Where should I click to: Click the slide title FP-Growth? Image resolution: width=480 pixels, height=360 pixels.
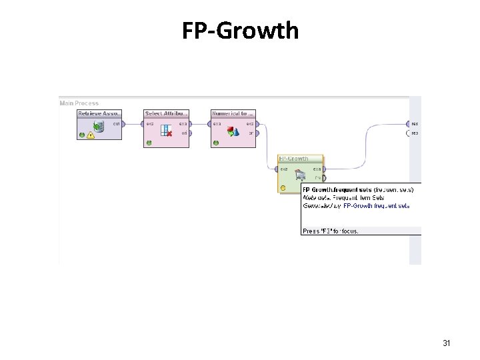(240, 30)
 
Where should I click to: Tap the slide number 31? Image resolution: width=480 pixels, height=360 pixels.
(447, 343)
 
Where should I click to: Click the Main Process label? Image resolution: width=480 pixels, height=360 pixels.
(79, 103)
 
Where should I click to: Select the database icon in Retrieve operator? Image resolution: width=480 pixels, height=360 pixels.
(98, 127)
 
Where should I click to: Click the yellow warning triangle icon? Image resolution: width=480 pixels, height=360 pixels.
(91, 135)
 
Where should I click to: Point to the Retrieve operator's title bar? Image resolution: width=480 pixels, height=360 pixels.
(100, 113)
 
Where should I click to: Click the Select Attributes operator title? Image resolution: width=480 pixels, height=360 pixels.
(167, 113)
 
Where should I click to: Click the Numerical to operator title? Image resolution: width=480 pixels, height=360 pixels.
(233, 113)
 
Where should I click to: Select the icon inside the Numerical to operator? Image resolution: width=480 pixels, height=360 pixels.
(233, 131)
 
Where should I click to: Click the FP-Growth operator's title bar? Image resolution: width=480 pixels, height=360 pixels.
(300, 159)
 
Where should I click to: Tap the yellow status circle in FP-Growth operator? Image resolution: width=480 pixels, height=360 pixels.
(283, 188)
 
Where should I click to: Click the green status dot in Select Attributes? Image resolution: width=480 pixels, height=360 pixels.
(149, 142)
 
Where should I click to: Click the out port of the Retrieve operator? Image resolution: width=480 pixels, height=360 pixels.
(124, 123)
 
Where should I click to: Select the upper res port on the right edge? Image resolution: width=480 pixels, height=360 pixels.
(408, 123)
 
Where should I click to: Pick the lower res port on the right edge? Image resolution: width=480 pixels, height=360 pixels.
(408, 133)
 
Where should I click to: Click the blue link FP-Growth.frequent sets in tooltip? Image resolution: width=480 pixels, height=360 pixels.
(377, 206)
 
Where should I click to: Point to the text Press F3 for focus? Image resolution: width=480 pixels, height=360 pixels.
(331, 231)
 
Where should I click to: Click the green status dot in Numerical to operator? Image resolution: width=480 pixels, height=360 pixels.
(215, 142)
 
